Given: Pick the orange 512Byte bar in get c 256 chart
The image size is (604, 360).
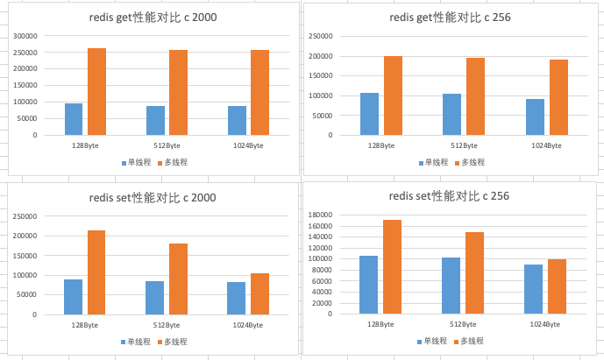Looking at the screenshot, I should (475, 96).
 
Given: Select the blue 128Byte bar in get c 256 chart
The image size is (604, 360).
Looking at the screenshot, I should (369, 114).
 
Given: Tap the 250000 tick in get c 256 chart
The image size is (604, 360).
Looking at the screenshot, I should (322, 36).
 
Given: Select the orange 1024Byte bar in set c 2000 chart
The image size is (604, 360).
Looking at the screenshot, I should (259, 294).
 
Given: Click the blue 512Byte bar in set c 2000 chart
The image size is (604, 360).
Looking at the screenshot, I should (154, 298).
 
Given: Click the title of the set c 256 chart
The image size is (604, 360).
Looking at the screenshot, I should (451, 196).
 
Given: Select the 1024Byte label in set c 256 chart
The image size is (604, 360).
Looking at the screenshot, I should (545, 325).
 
